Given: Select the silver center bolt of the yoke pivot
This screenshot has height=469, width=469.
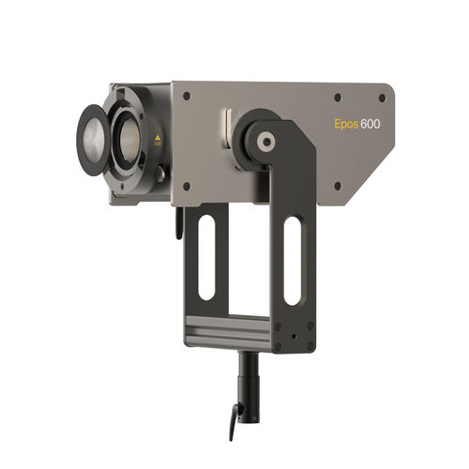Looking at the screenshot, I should [267, 143].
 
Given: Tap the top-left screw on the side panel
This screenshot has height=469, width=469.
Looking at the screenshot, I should [186, 97].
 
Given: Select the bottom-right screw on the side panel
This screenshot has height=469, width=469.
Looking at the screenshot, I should [338, 185].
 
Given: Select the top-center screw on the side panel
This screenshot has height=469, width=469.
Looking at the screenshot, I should [338, 96].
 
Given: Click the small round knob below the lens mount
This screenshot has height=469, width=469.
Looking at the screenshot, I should [161, 174].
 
